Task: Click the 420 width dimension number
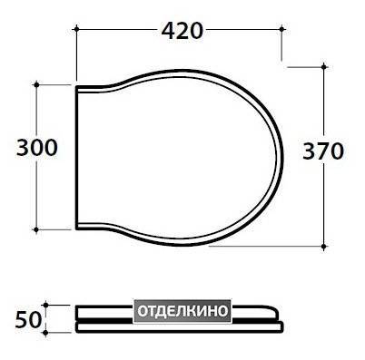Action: (x=182, y=31)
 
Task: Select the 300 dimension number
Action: (x=37, y=148)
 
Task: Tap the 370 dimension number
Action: (x=323, y=151)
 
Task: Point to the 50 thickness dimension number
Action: (x=28, y=320)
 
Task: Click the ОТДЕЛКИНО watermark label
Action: (x=182, y=310)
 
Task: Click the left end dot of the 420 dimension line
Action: (x=76, y=29)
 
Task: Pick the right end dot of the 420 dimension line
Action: (x=281, y=29)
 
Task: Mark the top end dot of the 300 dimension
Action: (x=36, y=85)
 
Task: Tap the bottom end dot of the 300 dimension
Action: (x=36, y=229)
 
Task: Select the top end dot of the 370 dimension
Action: (x=324, y=66)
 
